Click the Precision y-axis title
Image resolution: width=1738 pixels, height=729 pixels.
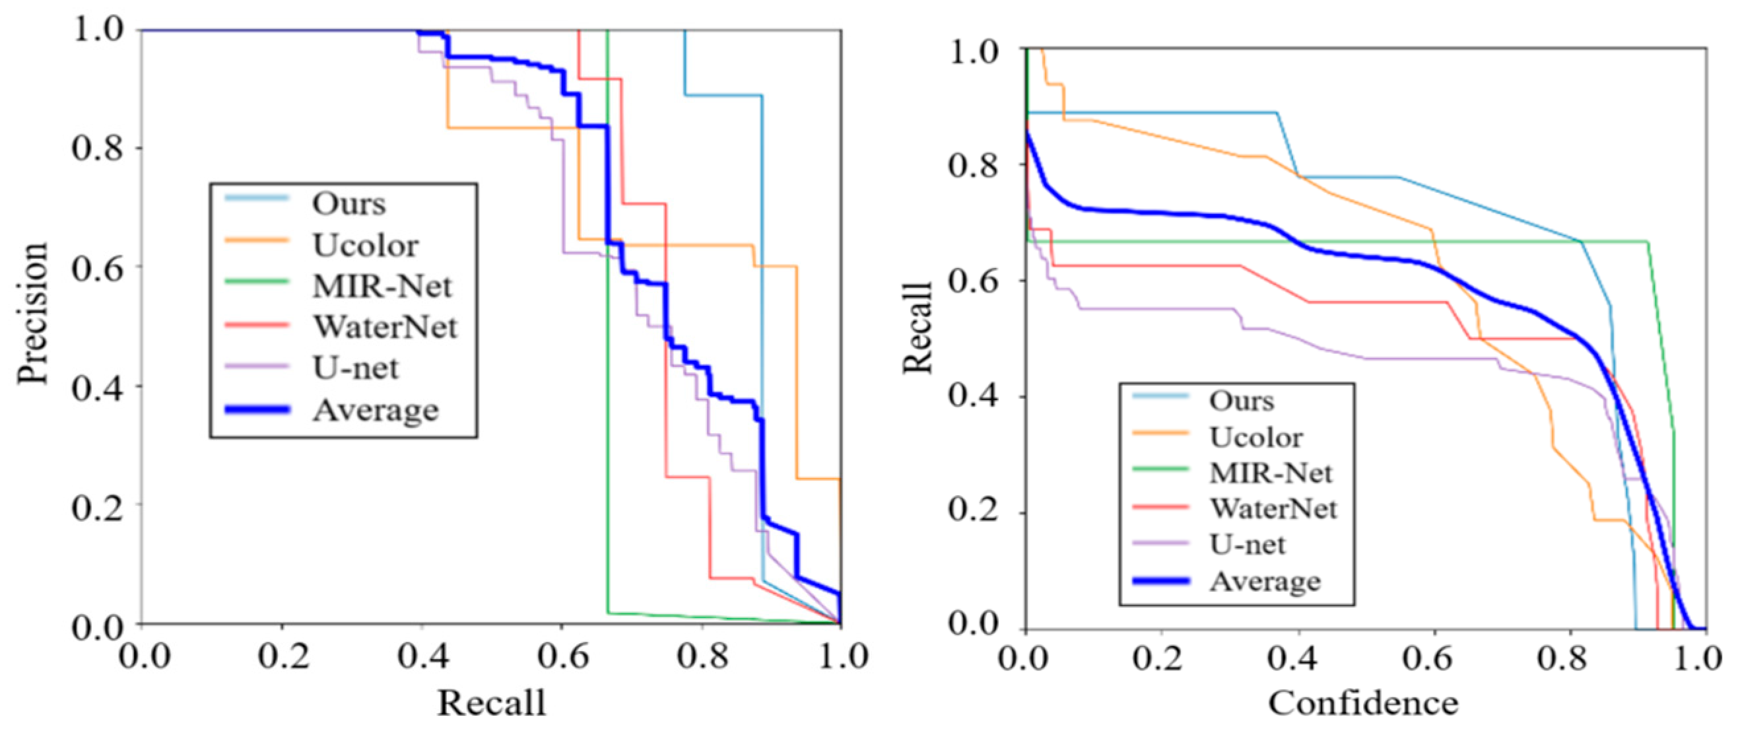[x=32, y=313]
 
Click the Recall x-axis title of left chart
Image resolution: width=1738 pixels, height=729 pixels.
[x=491, y=703]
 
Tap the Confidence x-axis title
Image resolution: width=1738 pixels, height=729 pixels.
[x=1363, y=703]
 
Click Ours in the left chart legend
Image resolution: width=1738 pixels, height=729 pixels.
[x=349, y=204]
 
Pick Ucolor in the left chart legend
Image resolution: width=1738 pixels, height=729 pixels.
[x=365, y=246]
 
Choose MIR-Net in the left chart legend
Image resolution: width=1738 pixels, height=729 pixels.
[x=382, y=287]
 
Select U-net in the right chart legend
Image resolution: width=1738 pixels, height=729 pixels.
[x=1248, y=544]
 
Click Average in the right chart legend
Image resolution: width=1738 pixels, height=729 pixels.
[x=1264, y=581]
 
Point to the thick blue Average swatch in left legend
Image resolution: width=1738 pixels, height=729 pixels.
[x=257, y=409]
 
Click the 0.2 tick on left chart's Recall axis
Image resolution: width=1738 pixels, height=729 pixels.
[x=283, y=657]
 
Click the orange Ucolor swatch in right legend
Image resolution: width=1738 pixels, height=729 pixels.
[x=1160, y=432]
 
